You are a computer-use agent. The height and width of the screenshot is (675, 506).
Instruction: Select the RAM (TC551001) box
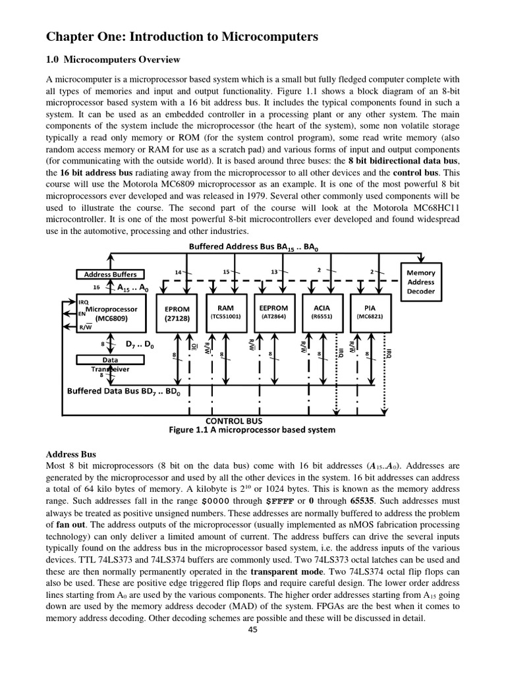[x=225, y=312]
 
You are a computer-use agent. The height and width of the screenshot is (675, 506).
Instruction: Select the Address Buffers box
[x=111, y=274]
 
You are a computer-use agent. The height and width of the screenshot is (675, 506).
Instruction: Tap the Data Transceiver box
[x=110, y=364]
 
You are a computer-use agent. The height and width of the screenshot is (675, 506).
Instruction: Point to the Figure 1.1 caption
[x=252, y=430]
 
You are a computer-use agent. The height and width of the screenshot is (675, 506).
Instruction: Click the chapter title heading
[x=182, y=38]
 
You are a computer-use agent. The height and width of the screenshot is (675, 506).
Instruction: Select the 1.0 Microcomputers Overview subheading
[x=113, y=60]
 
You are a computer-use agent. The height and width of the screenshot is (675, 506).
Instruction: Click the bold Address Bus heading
[x=70, y=454]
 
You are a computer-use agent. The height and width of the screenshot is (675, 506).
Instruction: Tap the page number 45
[x=252, y=630]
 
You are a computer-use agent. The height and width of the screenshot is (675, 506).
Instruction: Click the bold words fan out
[x=70, y=525]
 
